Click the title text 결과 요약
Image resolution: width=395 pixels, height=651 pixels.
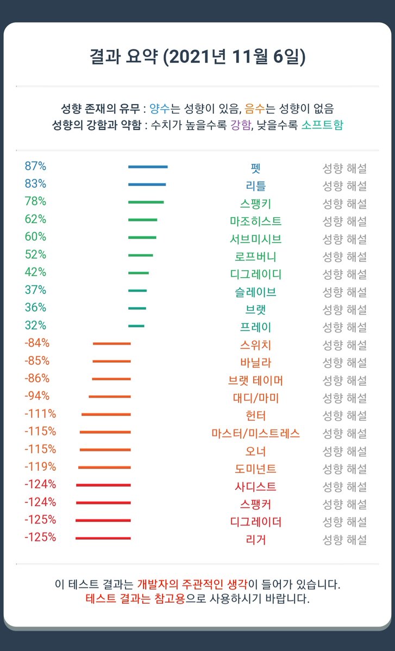tap(124, 56)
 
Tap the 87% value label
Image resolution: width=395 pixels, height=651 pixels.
tap(35, 166)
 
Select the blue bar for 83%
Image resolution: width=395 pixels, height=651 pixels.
tap(147, 184)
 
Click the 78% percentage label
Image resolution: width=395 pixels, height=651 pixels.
tap(35, 201)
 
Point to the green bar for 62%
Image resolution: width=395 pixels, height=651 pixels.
tap(143, 220)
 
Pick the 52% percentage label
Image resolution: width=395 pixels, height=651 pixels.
tap(35, 254)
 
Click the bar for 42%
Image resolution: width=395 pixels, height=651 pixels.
tap(139, 273)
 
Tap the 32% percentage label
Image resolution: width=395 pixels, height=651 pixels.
tap(35, 325)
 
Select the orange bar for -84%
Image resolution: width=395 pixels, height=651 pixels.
tap(112, 343)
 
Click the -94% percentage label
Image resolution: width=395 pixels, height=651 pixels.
tap(37, 396)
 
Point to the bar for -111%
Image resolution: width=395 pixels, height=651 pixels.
tap(106, 414)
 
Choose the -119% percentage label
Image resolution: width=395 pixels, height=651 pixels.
tap(40, 467)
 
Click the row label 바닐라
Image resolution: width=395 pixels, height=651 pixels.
tap(255, 363)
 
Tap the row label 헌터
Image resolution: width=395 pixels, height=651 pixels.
tap(255, 416)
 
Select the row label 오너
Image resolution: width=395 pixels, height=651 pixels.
tap(255, 451)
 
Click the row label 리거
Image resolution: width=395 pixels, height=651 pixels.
tap(255, 540)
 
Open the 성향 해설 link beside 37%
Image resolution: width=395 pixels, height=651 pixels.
tap(344, 292)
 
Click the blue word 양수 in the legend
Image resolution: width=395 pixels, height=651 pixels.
tap(160, 108)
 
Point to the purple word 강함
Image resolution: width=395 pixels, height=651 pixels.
tap(241, 125)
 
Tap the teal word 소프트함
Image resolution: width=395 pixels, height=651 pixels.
tap(322, 125)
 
